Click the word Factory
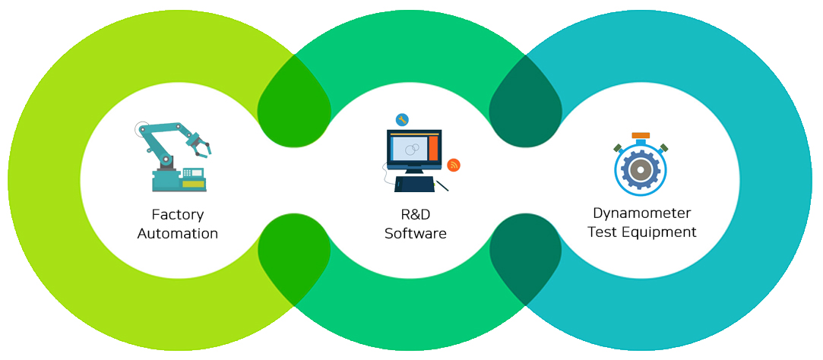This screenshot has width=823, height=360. [x=178, y=215]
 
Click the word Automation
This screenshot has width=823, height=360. [x=178, y=233]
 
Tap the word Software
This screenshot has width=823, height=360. [x=415, y=233]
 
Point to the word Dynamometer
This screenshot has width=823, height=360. [x=642, y=213]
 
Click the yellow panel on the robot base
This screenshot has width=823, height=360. [x=193, y=184]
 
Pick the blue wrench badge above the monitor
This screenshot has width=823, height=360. [x=402, y=119]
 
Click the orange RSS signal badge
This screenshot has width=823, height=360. [x=454, y=165]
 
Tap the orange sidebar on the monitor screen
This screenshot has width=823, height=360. [x=433, y=147]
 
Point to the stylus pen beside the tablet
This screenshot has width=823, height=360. [x=442, y=185]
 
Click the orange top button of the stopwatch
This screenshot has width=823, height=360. [x=641, y=135]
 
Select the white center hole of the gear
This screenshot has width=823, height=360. [x=641, y=171]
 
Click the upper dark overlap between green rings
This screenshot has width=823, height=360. [x=294, y=103]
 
